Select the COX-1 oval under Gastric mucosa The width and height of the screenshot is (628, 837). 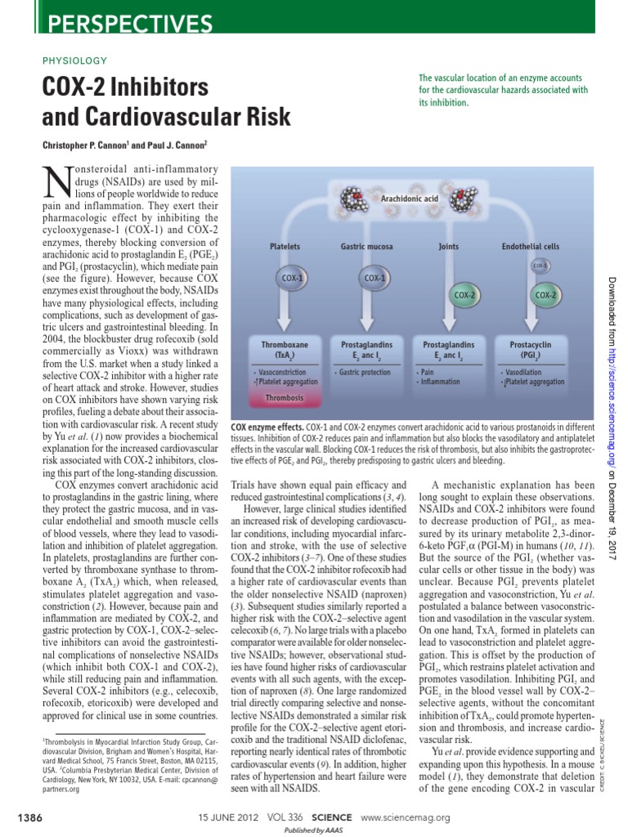(x=375, y=278)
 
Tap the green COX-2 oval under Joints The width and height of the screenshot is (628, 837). (x=460, y=294)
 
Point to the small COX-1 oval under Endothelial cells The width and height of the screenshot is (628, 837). (x=541, y=266)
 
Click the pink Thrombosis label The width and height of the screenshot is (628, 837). (x=284, y=397)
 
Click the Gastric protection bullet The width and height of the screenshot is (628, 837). (x=367, y=372)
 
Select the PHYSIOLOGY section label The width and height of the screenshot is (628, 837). (x=74, y=60)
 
